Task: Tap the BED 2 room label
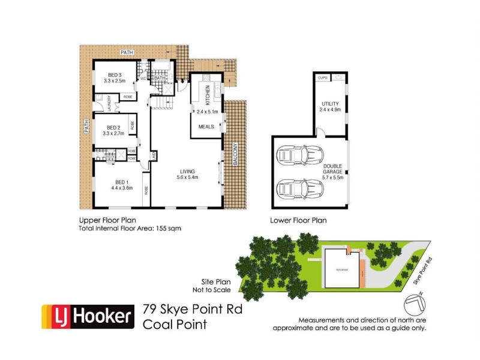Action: pos(114,127)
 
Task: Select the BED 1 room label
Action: pos(121,182)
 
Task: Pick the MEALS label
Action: pos(206,127)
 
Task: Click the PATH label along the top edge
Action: pos(127,53)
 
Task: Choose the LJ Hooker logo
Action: pos(87,316)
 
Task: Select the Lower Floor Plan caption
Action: pos(299,220)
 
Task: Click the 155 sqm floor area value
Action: pos(170,229)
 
